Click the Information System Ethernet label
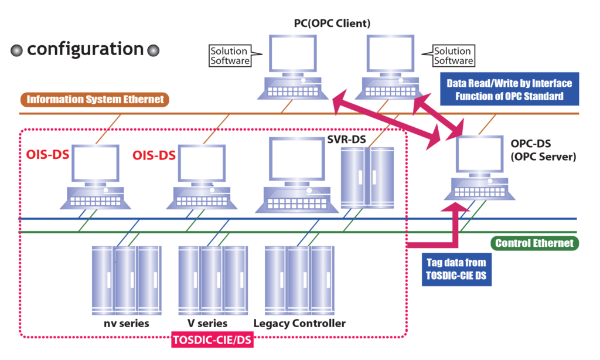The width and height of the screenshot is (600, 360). (96, 100)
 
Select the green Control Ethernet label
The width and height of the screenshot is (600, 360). (534, 243)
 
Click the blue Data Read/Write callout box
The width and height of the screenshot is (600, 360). (509, 90)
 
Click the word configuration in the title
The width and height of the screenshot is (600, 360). (85, 49)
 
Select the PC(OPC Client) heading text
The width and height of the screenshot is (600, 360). (332, 23)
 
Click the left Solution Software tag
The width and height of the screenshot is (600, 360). (230, 56)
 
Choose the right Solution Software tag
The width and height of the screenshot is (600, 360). (453, 56)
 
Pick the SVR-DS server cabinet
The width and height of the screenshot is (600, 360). (367, 177)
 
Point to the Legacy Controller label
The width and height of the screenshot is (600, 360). (299, 324)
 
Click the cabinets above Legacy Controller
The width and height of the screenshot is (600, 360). (299, 280)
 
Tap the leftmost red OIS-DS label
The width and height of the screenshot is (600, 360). (46, 155)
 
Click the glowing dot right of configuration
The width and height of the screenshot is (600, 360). (154, 50)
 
